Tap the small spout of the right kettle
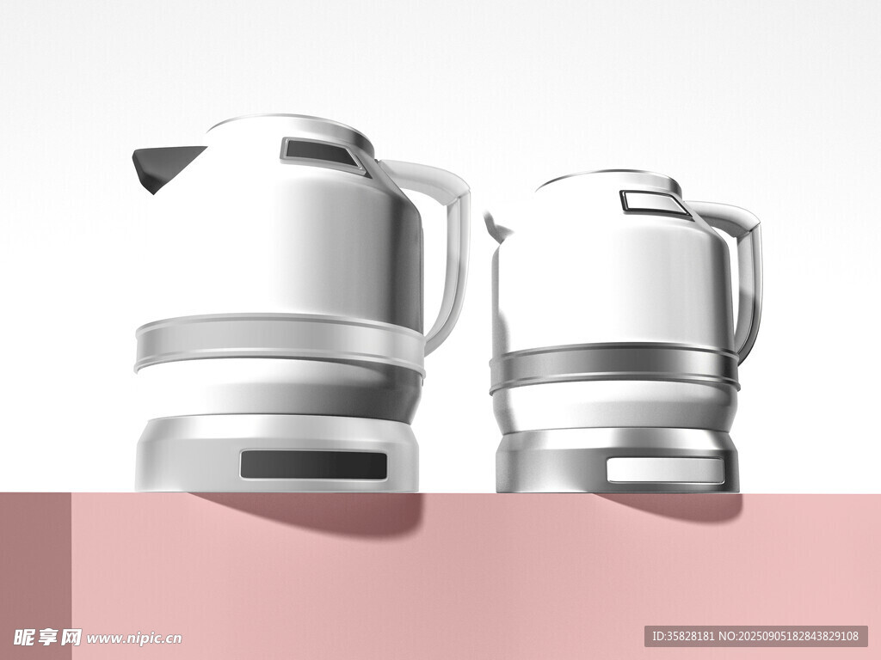click(x=496, y=227)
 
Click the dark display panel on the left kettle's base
click(x=314, y=465)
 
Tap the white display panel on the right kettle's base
click(x=666, y=470)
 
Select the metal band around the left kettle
click(x=280, y=344)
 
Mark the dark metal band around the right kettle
click(x=614, y=368)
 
